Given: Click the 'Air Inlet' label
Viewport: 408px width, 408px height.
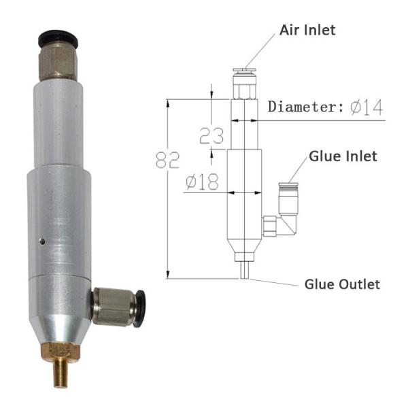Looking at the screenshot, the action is (x=307, y=30).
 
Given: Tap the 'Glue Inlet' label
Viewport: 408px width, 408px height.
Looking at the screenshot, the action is (x=343, y=156).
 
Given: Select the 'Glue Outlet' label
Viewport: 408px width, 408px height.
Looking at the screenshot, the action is (x=342, y=284).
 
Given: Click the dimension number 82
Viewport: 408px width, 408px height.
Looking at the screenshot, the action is (x=167, y=160).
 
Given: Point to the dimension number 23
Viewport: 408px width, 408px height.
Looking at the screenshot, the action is (x=211, y=135).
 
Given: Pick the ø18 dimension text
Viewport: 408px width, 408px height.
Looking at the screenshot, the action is (x=202, y=182).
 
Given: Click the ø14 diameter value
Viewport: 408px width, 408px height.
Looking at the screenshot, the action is (x=367, y=107).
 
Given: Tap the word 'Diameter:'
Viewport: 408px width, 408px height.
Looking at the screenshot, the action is (x=306, y=107).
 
